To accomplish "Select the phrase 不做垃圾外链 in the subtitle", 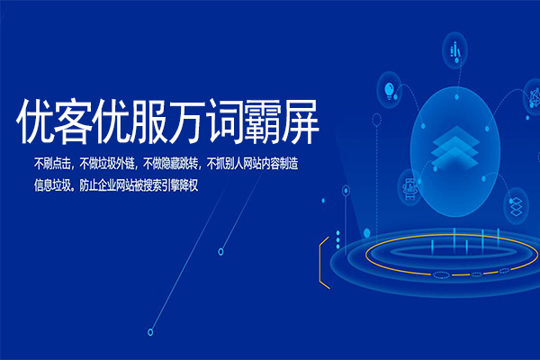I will click(x=108, y=165).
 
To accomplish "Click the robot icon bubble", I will click(x=408, y=186).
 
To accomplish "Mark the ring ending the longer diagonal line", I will click(x=150, y=331).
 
